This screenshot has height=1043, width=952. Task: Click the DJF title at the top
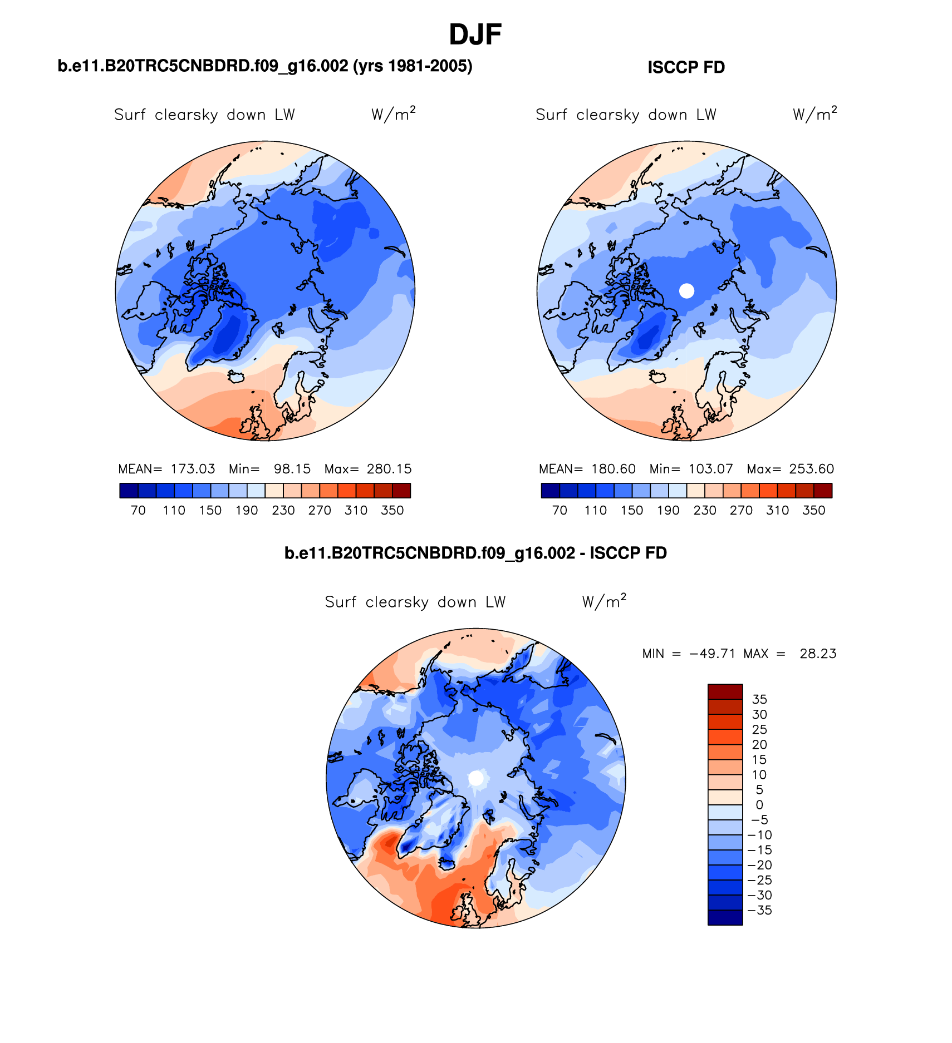coord(475,34)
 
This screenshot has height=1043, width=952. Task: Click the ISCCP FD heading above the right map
coord(686,67)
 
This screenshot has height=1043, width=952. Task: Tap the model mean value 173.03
coord(193,469)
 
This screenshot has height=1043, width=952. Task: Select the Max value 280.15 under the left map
coord(389,469)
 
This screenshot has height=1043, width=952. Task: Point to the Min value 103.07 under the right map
coord(711,469)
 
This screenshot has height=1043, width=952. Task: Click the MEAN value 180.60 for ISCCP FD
coord(614,469)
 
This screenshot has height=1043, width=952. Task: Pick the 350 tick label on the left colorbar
coord(392,510)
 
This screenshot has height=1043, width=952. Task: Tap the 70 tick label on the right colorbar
coord(560,510)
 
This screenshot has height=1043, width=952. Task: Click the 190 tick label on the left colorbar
coord(247,510)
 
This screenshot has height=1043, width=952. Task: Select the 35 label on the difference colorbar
coord(759,699)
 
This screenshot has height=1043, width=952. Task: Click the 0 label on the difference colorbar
coord(759,805)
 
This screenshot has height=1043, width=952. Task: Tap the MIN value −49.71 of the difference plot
coord(713,654)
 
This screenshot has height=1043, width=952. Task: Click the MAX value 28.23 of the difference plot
coord(818,654)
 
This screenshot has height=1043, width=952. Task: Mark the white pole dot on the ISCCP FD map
coord(686,290)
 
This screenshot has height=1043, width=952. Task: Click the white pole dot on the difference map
coord(476,778)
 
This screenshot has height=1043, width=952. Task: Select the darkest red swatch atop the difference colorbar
coord(725,691)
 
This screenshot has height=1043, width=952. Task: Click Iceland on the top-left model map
coord(237,377)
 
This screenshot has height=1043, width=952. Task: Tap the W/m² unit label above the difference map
coord(604,601)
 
